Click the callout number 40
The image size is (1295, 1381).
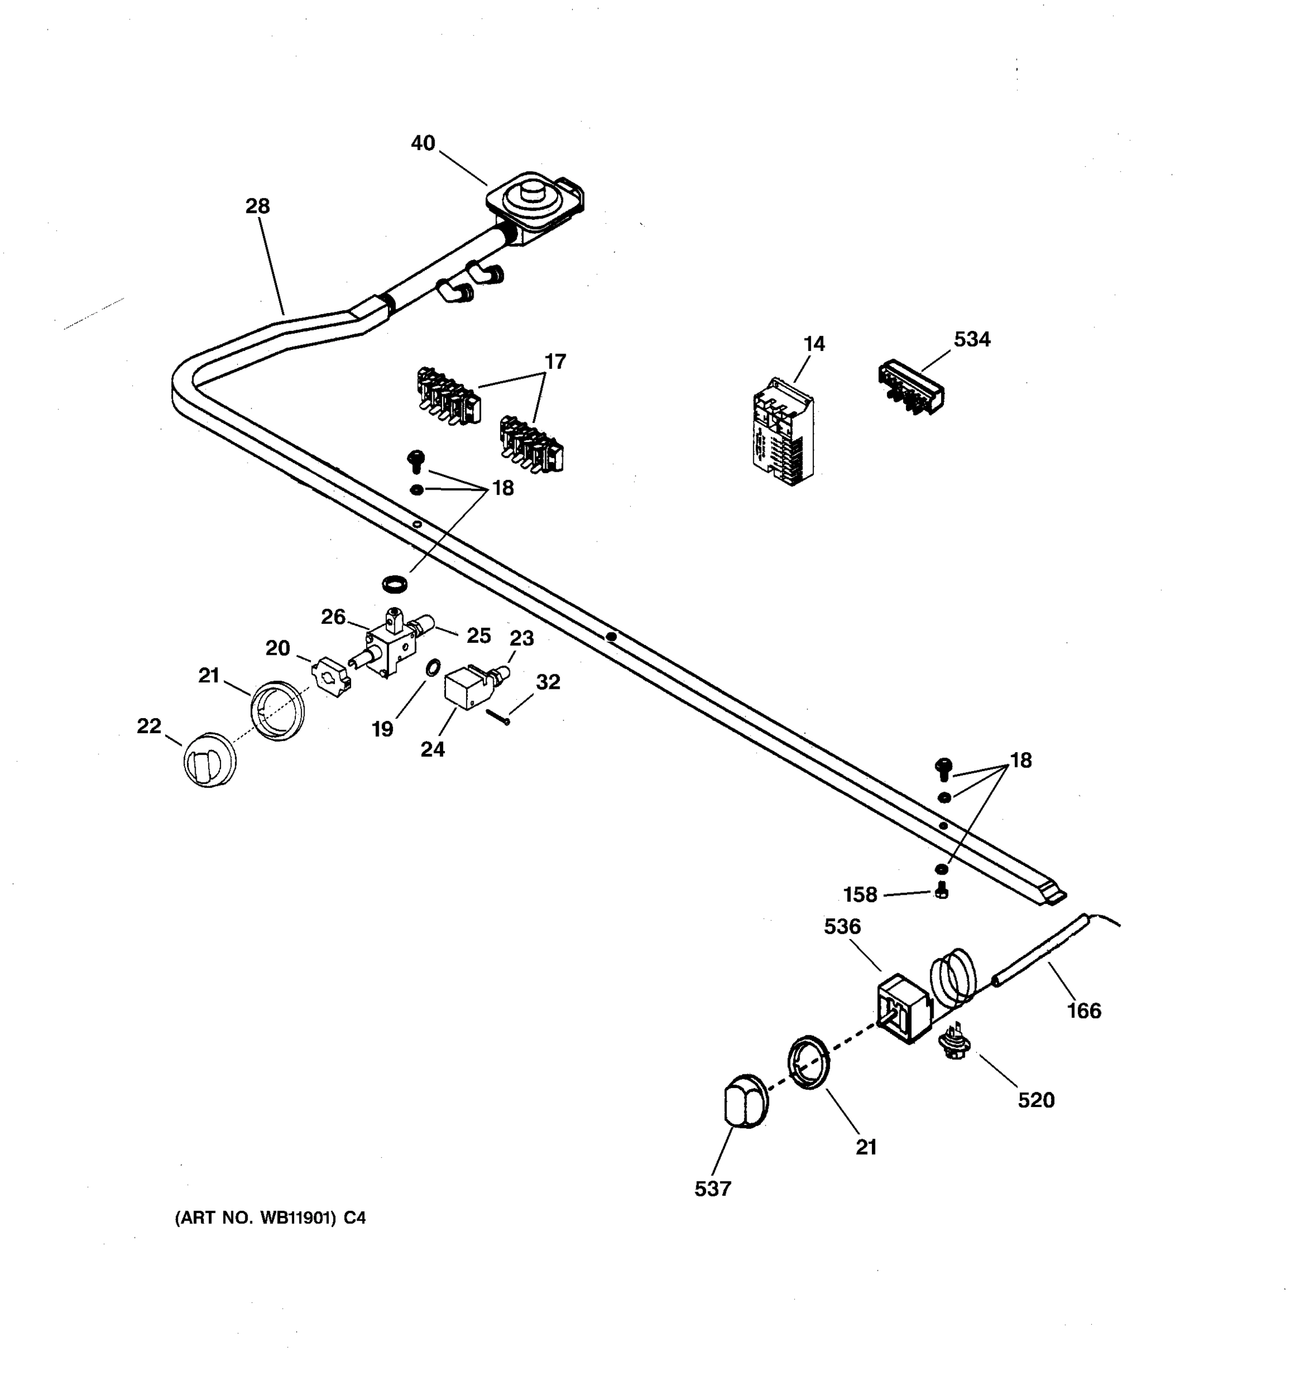422,143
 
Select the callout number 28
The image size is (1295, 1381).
257,207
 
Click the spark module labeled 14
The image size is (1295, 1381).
782,432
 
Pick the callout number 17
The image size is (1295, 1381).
554,362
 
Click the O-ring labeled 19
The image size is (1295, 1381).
432,667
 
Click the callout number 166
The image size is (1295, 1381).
1084,1011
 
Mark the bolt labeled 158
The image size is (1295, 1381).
942,890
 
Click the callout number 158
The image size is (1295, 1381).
860,895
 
